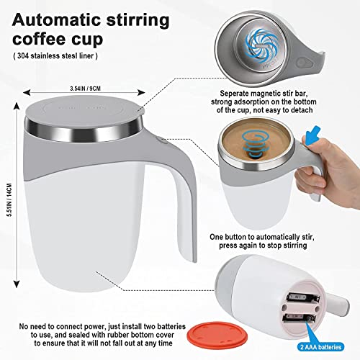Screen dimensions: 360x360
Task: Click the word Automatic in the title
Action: (x=57, y=20)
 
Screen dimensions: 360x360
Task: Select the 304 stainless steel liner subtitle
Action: (x=55, y=55)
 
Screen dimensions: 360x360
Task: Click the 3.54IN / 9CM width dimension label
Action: (x=85, y=89)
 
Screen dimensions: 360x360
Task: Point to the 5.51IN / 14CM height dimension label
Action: (x=9, y=199)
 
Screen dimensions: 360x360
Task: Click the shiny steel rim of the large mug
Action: (x=84, y=132)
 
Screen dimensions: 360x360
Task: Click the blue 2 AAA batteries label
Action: (x=321, y=347)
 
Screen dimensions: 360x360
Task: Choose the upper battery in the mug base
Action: (x=303, y=298)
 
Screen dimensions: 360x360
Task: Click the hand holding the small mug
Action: (x=329, y=166)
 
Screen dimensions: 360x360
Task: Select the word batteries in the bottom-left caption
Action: (x=171, y=327)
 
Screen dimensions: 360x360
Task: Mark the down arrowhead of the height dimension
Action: (x=17, y=284)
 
